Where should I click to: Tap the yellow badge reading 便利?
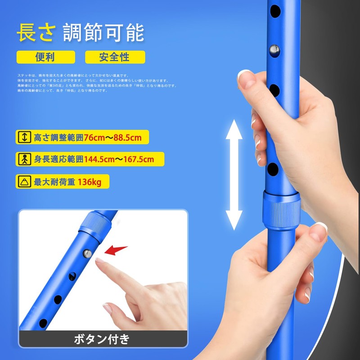coord(45,57)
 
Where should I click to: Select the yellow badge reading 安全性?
coord(115,57)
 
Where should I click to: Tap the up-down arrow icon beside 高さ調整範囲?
coord(24,137)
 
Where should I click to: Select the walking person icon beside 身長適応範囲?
coord(24,159)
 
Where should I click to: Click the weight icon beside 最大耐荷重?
coord(24,181)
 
